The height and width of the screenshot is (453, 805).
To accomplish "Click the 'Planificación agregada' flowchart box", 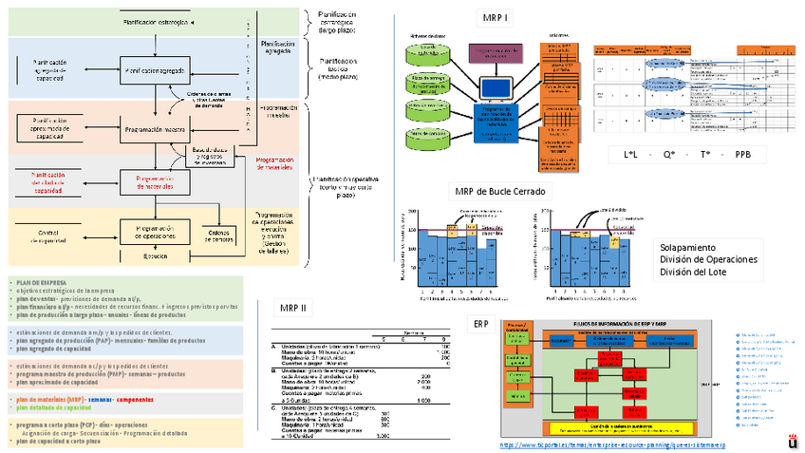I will (x=153, y=70).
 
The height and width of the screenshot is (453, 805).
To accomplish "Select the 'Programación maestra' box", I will (x=153, y=129).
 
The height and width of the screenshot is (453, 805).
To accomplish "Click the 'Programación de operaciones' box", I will (x=153, y=232).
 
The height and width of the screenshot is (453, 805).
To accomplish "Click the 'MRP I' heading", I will (x=495, y=17).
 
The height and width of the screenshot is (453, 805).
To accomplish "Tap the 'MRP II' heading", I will (x=292, y=307).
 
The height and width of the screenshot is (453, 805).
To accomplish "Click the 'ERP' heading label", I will (x=481, y=323).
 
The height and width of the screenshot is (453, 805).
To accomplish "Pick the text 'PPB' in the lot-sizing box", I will (x=743, y=154).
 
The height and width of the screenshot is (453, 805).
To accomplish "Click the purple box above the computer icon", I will (x=495, y=53).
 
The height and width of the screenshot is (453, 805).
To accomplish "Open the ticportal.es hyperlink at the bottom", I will (x=612, y=444).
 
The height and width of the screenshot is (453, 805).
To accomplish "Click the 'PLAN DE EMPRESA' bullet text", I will (x=42, y=282).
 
